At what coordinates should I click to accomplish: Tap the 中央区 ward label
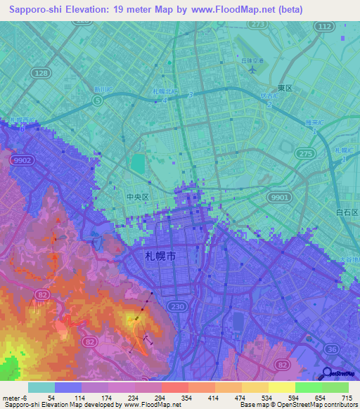(x=137, y=198)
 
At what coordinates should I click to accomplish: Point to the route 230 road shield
(x=176, y=306)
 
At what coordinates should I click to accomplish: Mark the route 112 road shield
(x=323, y=27)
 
